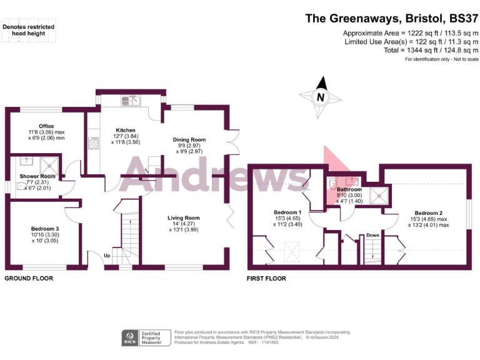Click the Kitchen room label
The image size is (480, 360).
tap(126, 131)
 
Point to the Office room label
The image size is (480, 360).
tap(46, 126)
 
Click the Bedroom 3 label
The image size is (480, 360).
tap(45, 229)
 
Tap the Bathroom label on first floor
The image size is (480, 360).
tap(349, 189)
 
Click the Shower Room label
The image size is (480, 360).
tap(37, 176)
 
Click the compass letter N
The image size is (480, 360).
tap(321, 97)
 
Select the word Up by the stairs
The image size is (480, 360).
tap(107, 256)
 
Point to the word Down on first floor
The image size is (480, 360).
tap(372, 235)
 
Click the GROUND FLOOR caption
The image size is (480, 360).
tap(29, 278)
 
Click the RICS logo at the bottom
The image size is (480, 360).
tap(130, 338)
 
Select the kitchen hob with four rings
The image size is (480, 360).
tap(94, 144)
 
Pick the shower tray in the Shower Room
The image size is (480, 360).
tap(48, 164)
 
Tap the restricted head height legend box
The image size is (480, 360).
tap(29, 31)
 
